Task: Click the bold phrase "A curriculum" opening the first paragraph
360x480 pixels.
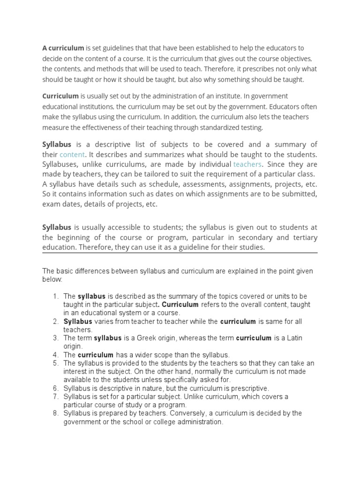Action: pyautogui.click(x=63, y=48)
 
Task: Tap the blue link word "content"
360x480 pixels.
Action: pyautogui.click(x=72, y=154)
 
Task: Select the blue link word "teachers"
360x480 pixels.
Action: pyautogui.click(x=247, y=164)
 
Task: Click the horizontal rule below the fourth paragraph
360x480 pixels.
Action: pyautogui.click(x=180, y=253)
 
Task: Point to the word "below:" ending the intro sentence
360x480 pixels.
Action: pyautogui.click(x=52, y=279)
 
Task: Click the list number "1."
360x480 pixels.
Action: pyautogui.click(x=55, y=296)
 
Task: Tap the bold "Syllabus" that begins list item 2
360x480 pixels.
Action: pyautogui.click(x=78, y=322)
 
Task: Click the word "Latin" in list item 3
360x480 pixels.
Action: pyautogui.click(x=292, y=338)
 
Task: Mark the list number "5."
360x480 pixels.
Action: pyautogui.click(x=55, y=363)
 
